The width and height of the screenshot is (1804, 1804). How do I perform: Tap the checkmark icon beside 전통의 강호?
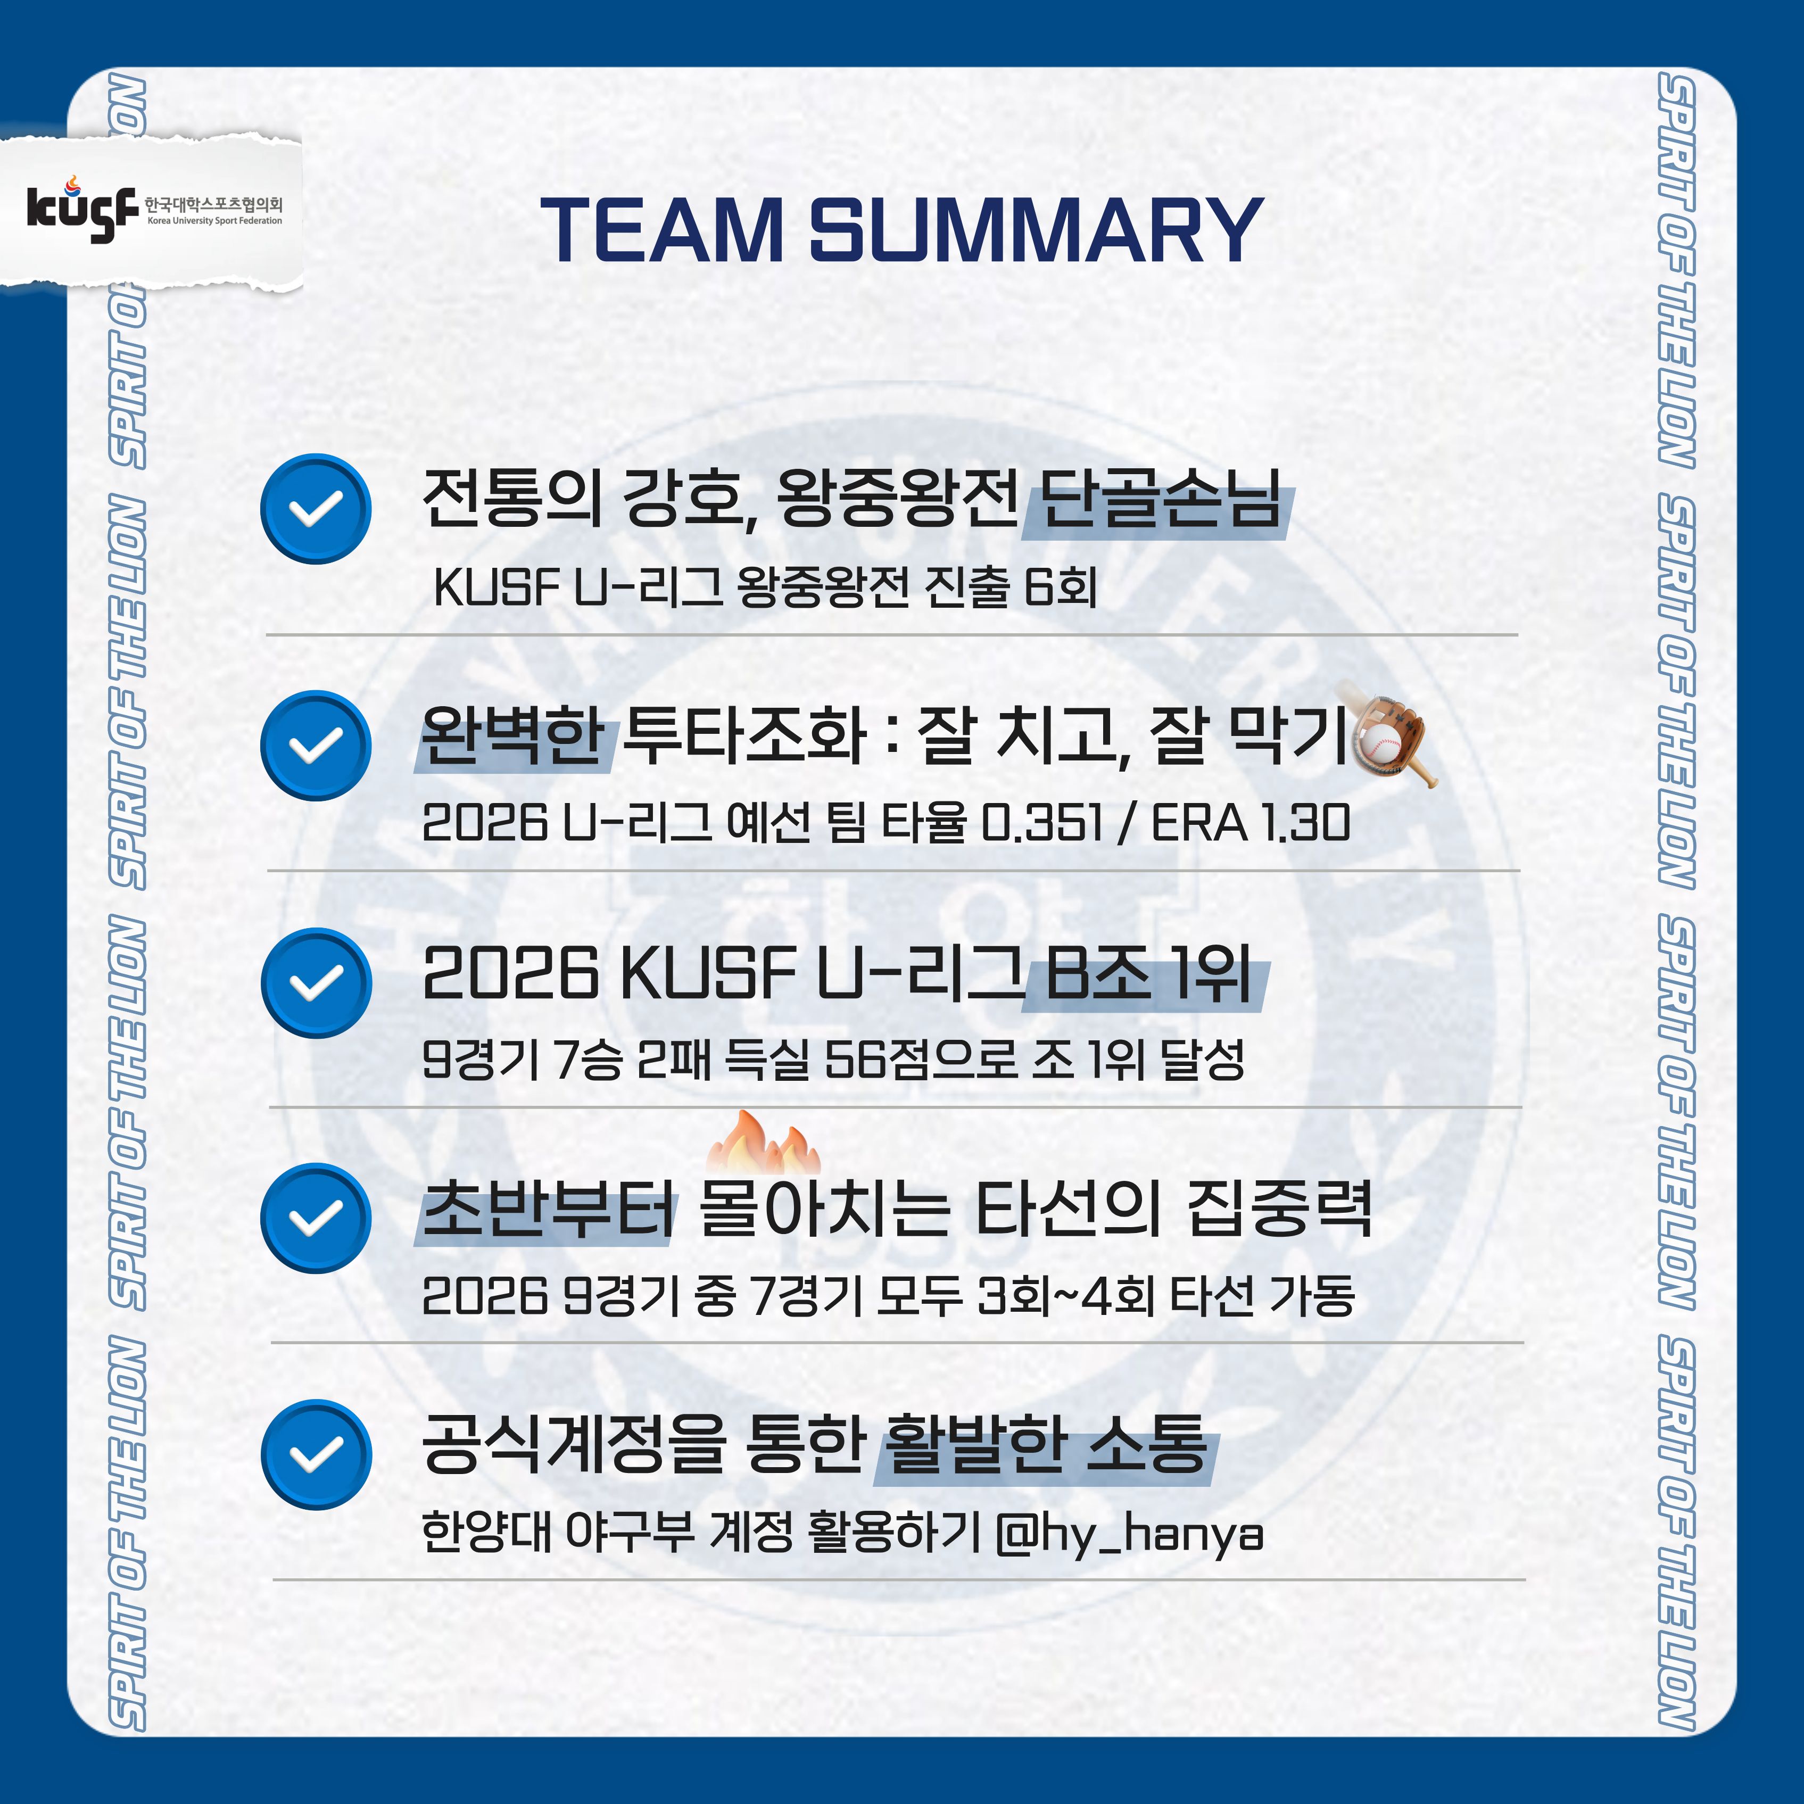coord(316,509)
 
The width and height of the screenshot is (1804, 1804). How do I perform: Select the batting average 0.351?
coord(1042,823)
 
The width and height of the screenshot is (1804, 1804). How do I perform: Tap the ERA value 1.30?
coord(1304,823)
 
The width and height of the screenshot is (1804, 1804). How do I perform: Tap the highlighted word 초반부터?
coord(548,1209)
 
